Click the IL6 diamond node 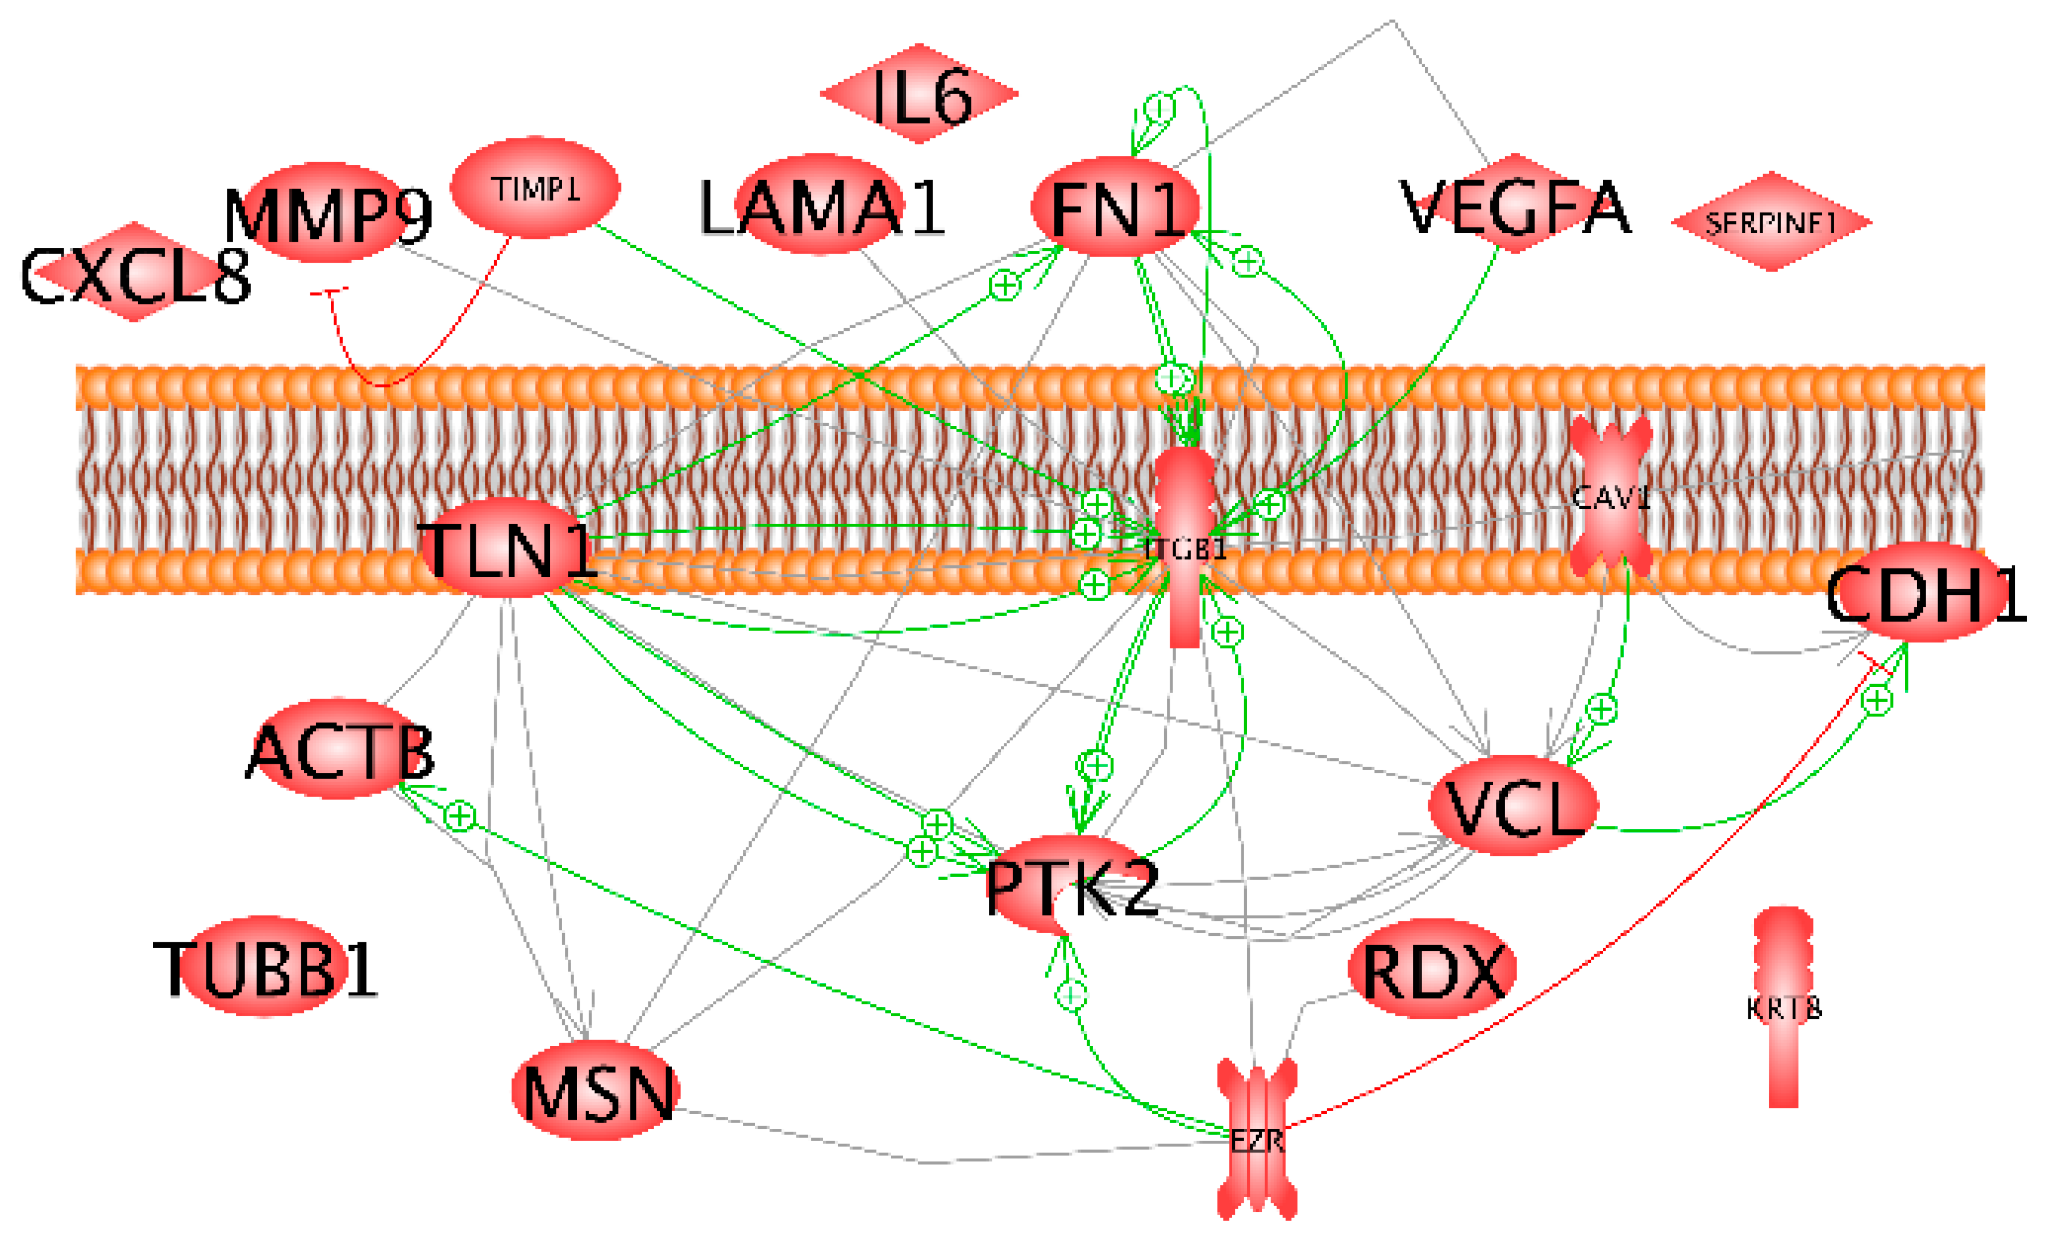(920, 94)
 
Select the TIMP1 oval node (535, 188)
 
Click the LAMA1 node (820, 204)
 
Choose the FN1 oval (1115, 206)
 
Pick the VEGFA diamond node (1515, 204)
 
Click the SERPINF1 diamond (1771, 222)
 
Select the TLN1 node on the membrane (506, 548)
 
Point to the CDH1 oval (1924, 593)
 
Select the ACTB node (340, 749)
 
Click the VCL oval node (1513, 805)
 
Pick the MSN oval (596, 1091)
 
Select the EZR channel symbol (1257, 1139)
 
